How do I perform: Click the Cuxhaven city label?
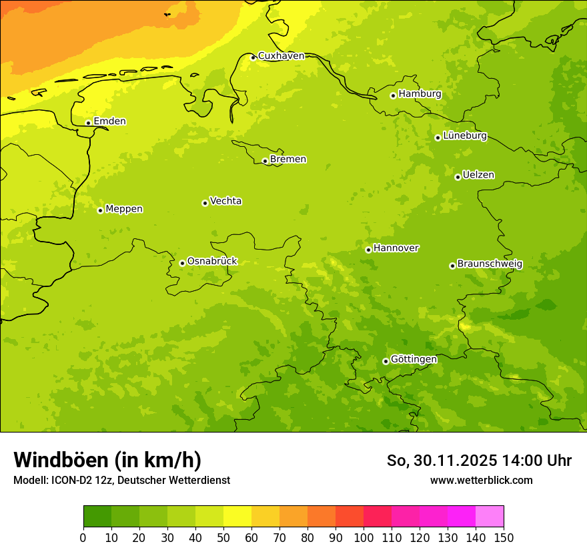(281, 56)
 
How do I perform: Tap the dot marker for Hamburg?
(393, 95)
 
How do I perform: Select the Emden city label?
(109, 121)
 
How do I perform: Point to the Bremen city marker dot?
(265, 161)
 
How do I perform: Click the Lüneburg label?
(465, 135)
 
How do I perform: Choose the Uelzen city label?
(478, 175)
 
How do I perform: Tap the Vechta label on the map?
(225, 201)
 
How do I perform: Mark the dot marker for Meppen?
(100, 210)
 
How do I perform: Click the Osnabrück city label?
(212, 261)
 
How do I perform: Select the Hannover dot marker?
(368, 250)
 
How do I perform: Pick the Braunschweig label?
(490, 264)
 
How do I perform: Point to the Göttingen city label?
(414, 359)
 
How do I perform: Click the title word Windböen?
(61, 460)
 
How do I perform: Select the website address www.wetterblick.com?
(482, 481)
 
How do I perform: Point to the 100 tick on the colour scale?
(364, 537)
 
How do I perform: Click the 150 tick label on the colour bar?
(504, 537)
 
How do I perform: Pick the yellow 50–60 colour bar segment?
(237, 517)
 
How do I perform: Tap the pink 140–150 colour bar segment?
(490, 517)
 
